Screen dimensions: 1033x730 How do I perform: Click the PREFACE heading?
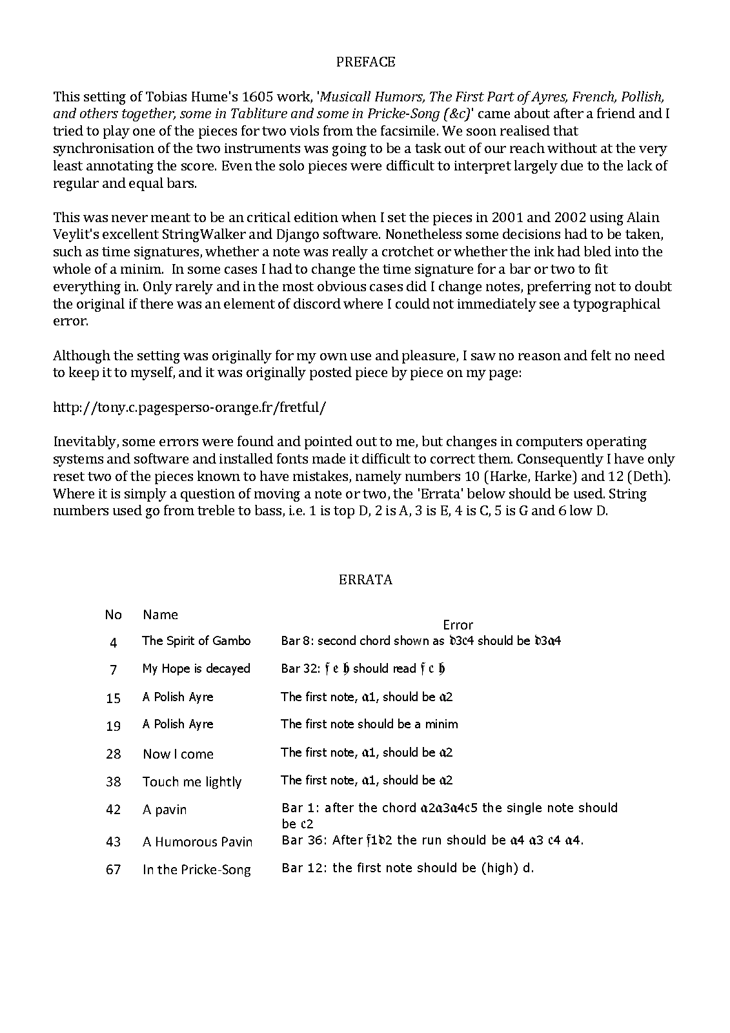365,62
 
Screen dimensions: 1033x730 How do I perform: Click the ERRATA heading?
365,579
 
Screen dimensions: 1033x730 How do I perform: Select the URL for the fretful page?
190,407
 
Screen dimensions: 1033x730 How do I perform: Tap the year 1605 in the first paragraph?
258,97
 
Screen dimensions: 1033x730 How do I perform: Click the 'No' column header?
113,615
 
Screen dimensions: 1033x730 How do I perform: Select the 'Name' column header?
160,615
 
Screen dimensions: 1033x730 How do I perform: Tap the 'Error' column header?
458,625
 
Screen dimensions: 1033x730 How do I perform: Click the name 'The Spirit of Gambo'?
196,641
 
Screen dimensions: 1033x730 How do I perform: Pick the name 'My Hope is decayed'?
196,669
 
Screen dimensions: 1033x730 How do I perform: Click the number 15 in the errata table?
113,698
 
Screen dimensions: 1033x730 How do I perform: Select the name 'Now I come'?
178,754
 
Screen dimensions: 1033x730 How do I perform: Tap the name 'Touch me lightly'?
192,782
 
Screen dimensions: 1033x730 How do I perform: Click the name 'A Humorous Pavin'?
198,842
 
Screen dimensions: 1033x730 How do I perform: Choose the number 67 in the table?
113,870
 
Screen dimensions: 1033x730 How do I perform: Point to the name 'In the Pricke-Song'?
197,870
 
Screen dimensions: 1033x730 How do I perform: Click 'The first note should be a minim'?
369,724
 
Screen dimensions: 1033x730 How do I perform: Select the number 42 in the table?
113,810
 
